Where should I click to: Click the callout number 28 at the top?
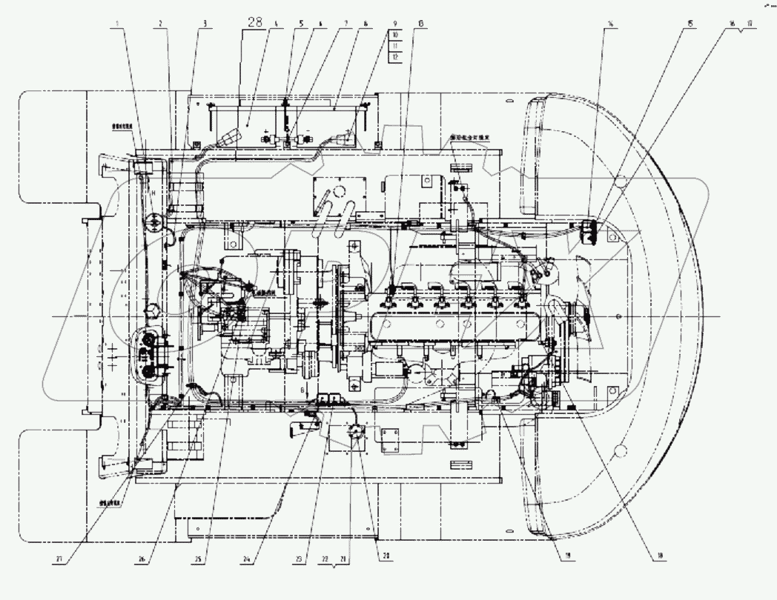click(x=255, y=22)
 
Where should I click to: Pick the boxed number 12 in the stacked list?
click(x=395, y=56)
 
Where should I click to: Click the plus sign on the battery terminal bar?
click(x=265, y=131)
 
